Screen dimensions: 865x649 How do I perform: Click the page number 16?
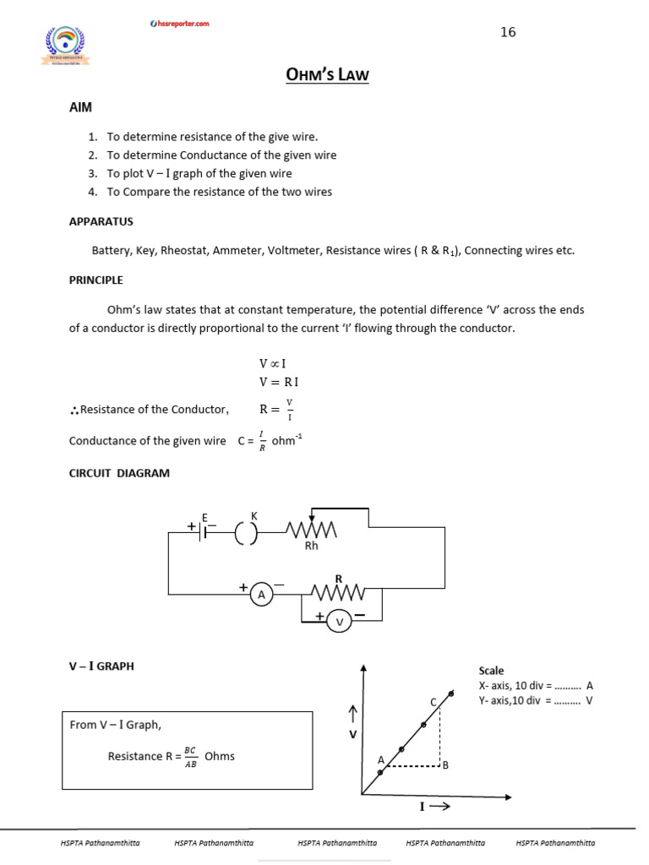click(x=508, y=32)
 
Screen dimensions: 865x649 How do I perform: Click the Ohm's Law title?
click(x=328, y=76)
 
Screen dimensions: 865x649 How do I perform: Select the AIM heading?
click(x=80, y=109)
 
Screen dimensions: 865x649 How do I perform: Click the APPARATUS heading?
click(x=101, y=221)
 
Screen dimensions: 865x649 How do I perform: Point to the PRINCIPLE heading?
click(x=95, y=280)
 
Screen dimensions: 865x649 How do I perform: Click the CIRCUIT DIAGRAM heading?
click(x=119, y=473)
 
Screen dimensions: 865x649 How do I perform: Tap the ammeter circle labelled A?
click(x=261, y=596)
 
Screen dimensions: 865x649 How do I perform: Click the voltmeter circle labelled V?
click(x=341, y=622)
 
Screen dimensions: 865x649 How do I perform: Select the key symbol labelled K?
click(x=246, y=532)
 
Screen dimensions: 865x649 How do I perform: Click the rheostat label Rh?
click(x=311, y=546)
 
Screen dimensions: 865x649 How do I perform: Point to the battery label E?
click(x=204, y=516)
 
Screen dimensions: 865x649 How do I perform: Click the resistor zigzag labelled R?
click(x=338, y=591)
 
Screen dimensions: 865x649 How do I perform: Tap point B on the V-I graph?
click(x=444, y=765)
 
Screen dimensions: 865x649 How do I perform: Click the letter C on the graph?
click(x=434, y=702)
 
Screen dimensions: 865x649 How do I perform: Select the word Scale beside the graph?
click(x=491, y=671)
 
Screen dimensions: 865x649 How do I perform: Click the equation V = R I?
click(x=278, y=382)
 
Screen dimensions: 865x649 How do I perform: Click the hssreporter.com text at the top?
click(x=178, y=24)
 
